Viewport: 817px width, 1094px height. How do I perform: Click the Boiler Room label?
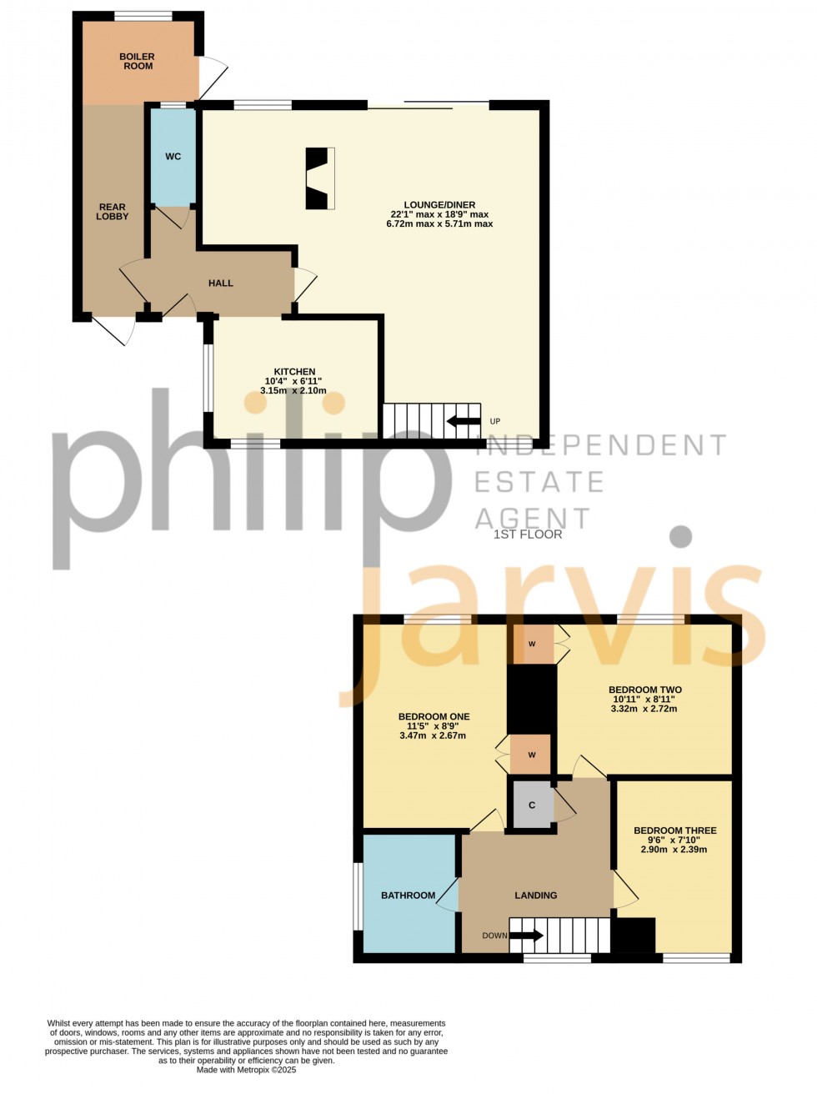tap(137, 62)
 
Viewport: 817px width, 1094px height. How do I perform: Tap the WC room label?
tap(173, 157)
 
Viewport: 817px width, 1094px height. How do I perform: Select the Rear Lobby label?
tap(113, 211)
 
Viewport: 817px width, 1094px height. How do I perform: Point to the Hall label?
tap(221, 284)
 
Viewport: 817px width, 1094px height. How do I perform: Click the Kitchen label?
tap(294, 372)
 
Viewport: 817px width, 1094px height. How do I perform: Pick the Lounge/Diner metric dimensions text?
tap(439, 223)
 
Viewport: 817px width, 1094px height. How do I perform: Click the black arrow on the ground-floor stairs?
tap(464, 421)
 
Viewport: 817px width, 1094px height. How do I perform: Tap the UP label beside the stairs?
tap(494, 421)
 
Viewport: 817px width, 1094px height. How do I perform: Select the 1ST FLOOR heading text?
tap(528, 534)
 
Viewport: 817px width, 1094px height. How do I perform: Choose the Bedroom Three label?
tap(675, 831)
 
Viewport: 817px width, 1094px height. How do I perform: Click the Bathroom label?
tap(408, 896)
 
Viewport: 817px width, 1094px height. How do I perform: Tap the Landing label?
tap(535, 896)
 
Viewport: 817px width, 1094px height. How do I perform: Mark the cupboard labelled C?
tap(532, 805)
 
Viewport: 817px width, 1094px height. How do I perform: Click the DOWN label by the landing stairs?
tap(494, 936)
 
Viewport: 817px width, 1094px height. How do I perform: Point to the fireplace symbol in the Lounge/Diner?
tap(320, 178)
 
